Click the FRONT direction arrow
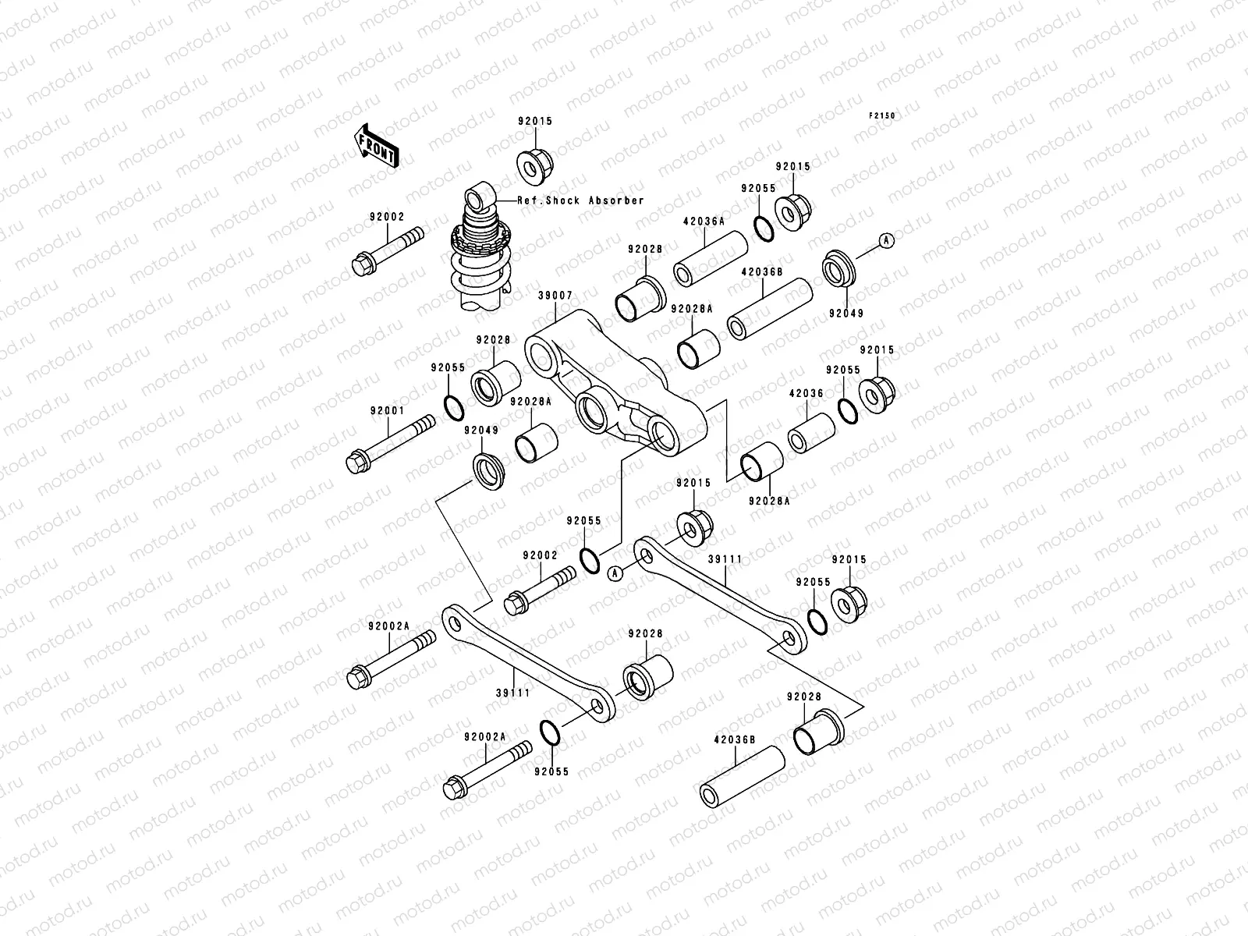[x=378, y=147]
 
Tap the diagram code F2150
[x=884, y=115]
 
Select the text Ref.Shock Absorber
[x=581, y=200]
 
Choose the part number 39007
[x=555, y=296]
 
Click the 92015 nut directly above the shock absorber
[x=534, y=161]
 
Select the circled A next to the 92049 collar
[x=885, y=241]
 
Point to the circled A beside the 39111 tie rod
[x=615, y=573]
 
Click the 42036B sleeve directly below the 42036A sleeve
[x=769, y=310]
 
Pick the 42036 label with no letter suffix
[x=806, y=394]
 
